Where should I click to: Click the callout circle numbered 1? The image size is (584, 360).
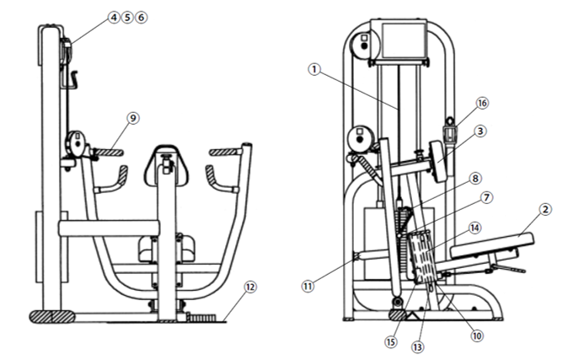pyautogui.click(x=314, y=69)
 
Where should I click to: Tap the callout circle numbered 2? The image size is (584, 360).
pyautogui.click(x=545, y=209)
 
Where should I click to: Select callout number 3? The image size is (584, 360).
pyautogui.click(x=480, y=132)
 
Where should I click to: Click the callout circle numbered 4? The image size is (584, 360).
pyautogui.click(x=114, y=18)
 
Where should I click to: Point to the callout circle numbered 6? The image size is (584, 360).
pyautogui.click(x=142, y=18)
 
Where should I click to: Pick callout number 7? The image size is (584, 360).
pyautogui.click(x=487, y=197)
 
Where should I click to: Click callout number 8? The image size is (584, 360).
pyautogui.click(x=475, y=179)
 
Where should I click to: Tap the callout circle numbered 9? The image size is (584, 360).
pyautogui.click(x=133, y=118)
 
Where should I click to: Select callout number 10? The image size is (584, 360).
pyautogui.click(x=477, y=336)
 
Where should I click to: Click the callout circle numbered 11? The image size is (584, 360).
pyautogui.click(x=308, y=286)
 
